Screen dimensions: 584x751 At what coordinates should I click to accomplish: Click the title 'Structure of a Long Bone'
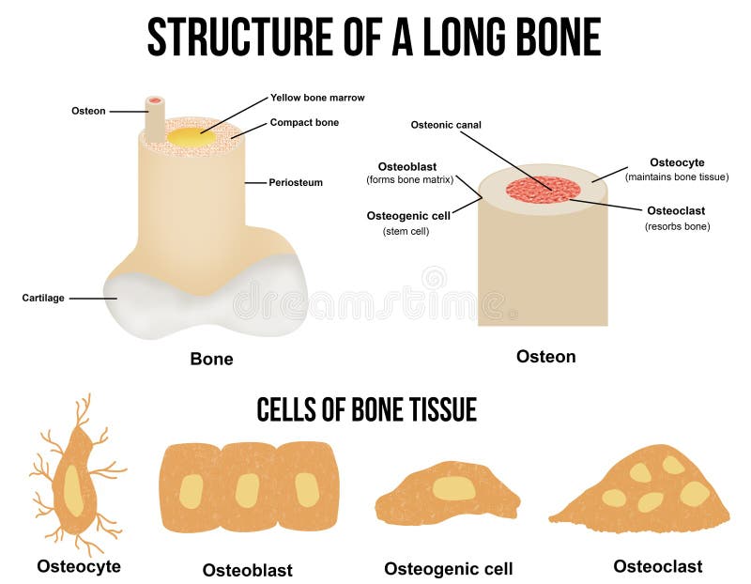point(374,38)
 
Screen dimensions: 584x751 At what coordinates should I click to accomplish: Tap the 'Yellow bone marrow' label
point(317,97)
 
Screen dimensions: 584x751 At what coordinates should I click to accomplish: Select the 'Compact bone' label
point(304,122)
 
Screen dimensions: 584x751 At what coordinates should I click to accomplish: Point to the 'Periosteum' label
point(296,182)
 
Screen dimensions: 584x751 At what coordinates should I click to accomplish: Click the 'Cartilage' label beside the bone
point(43,298)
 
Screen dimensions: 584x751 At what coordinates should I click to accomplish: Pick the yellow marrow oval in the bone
point(191,136)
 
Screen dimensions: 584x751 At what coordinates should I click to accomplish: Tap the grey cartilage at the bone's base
point(207,300)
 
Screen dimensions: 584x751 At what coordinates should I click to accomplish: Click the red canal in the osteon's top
point(544,189)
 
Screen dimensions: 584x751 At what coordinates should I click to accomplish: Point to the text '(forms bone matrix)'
point(409,179)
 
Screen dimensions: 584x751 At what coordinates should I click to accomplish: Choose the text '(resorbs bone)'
point(677,226)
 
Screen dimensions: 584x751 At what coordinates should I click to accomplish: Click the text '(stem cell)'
point(406,230)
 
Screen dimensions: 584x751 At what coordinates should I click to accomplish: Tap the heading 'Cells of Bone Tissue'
point(366,409)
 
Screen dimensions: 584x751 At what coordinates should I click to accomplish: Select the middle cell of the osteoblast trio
point(248,488)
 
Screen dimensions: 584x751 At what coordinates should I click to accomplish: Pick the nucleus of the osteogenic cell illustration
point(453,487)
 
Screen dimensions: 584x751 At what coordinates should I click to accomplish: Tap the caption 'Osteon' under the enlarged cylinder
point(545,357)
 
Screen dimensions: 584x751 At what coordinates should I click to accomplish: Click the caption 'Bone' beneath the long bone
point(211,359)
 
